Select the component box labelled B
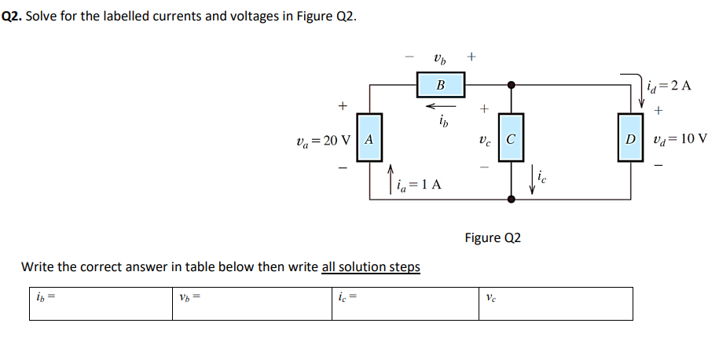tap(440, 84)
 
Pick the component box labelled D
tap(629, 140)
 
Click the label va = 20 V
tap(322, 140)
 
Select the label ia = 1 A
tap(420, 186)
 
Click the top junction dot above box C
tap(511, 84)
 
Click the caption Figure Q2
tap(493, 237)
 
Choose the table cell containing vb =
tap(252, 303)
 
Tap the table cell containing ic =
tap(405, 303)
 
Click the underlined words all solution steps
tap(371, 266)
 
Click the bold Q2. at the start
tap(12, 16)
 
